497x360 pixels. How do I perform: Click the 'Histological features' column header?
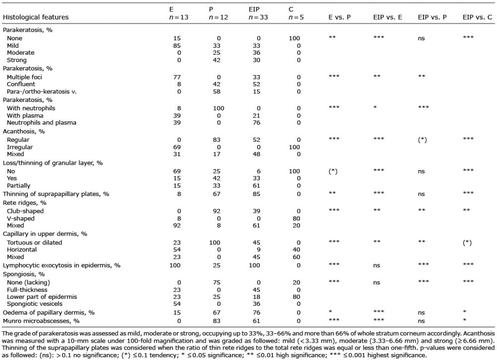click(x=35, y=17)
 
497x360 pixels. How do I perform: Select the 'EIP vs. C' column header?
click(x=477, y=17)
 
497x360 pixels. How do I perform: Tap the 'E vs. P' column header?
click(x=339, y=17)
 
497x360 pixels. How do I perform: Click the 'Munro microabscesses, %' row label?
click(x=41, y=321)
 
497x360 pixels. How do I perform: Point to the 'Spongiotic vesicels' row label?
click(x=35, y=304)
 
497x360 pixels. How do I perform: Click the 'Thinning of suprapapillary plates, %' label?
click(x=56, y=194)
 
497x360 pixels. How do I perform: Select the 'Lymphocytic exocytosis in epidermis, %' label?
click(x=62, y=266)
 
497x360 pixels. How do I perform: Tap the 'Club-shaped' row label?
click(x=25, y=211)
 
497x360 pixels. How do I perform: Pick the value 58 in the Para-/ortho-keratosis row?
click(x=217, y=91)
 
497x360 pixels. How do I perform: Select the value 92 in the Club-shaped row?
click(x=217, y=211)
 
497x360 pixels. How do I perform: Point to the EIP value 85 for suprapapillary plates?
click(x=256, y=194)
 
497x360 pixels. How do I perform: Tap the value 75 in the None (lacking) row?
click(x=217, y=282)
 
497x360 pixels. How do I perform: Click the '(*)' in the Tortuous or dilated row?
click(x=467, y=243)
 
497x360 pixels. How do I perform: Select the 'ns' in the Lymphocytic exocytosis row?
click(x=377, y=266)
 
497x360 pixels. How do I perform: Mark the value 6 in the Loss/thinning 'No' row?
click(x=258, y=171)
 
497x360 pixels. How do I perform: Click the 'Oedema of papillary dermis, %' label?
click(x=49, y=312)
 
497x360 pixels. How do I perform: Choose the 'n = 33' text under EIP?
click(x=258, y=17)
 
